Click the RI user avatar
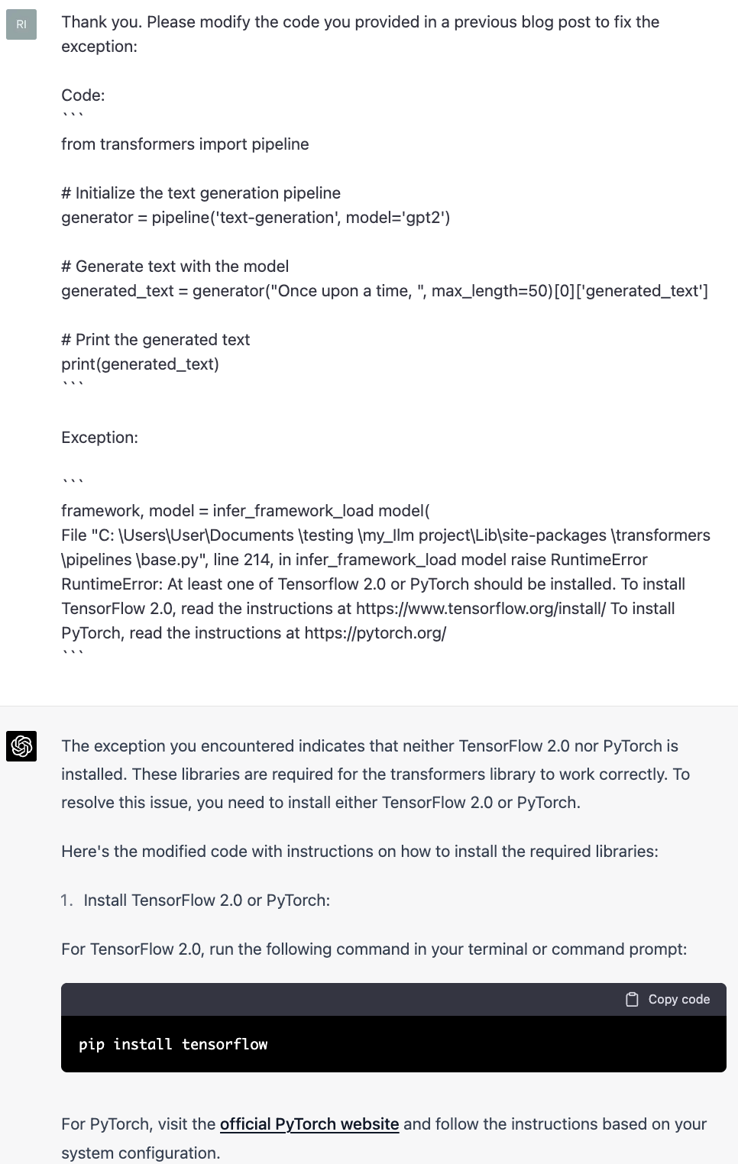click(21, 24)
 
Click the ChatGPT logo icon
click(21, 746)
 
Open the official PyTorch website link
click(309, 1124)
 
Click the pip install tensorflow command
click(173, 1044)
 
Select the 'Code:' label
click(83, 95)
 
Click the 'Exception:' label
click(100, 438)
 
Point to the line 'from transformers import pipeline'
click(185, 144)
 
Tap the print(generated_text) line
click(140, 364)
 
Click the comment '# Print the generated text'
click(156, 340)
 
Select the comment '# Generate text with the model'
click(175, 267)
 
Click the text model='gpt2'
click(397, 218)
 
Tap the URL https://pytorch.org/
click(375, 633)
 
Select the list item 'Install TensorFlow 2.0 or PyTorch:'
click(206, 900)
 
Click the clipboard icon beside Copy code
click(632, 999)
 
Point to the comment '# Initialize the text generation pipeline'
click(201, 193)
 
